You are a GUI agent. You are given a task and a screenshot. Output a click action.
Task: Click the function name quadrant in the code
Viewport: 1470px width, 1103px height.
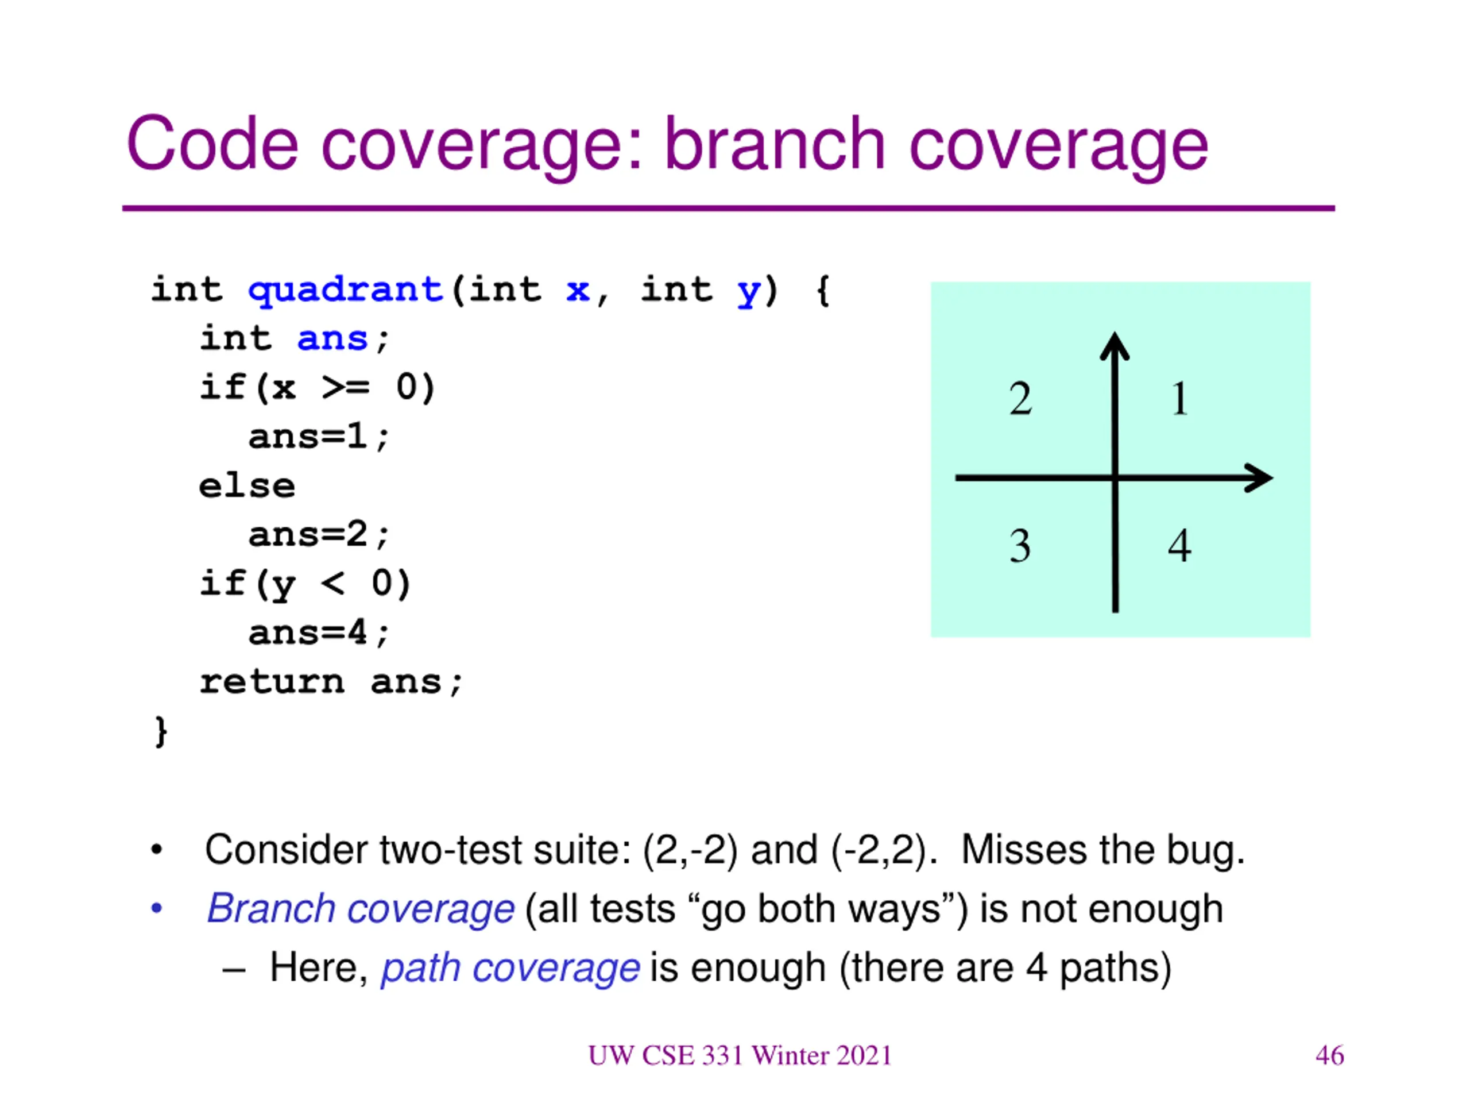click(x=345, y=291)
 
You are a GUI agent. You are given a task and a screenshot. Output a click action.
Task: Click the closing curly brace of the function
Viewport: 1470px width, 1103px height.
click(x=160, y=731)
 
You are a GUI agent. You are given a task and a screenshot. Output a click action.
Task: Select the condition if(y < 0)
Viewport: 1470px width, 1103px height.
click(x=305, y=584)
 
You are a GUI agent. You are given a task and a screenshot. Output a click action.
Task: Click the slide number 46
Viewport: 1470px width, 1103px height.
click(x=1329, y=1055)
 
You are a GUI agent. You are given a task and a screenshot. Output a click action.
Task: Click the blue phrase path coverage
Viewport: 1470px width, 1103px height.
click(x=510, y=968)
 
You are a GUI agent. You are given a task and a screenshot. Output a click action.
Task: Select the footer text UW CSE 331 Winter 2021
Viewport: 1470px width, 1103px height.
click(x=740, y=1055)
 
